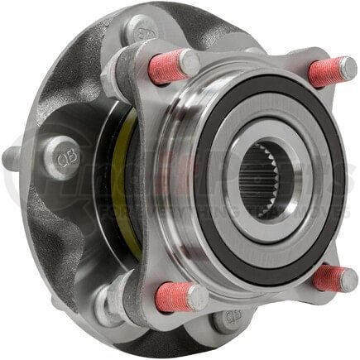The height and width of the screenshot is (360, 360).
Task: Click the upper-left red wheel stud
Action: (166, 67)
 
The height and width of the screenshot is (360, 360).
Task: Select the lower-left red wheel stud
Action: (174, 297)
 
